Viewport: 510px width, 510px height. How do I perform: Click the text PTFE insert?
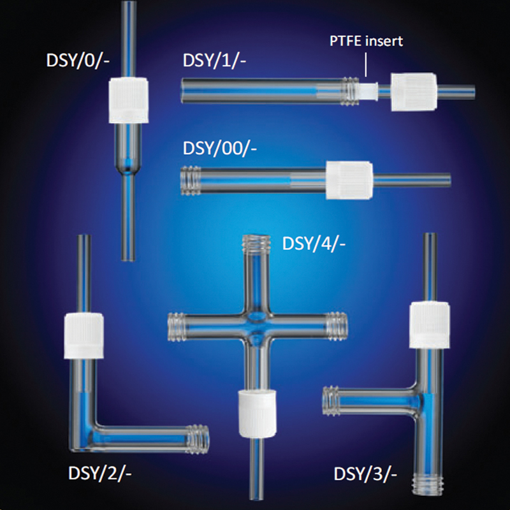(366, 42)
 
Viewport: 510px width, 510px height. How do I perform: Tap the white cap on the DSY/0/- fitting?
(128, 101)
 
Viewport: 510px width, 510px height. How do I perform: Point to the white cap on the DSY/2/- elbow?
(81, 336)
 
